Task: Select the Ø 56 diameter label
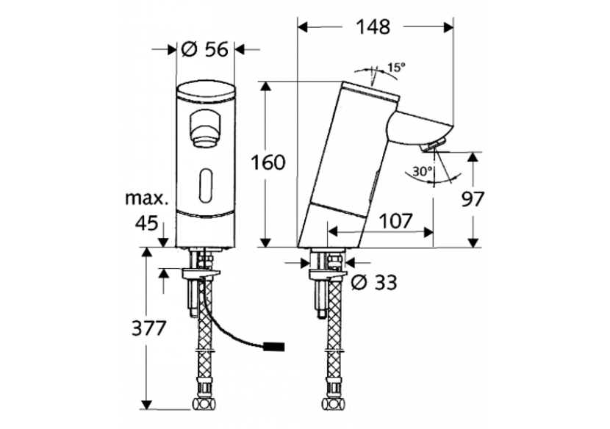(206, 50)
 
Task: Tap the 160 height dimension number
(268, 163)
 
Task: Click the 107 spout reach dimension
(396, 220)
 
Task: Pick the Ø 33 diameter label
(375, 281)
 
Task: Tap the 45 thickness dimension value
(147, 223)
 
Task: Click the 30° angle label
(421, 171)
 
